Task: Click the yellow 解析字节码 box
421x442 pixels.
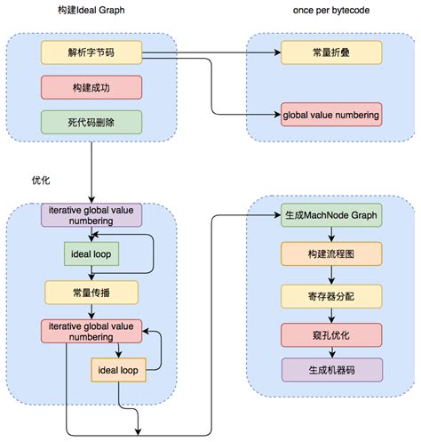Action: [x=91, y=52]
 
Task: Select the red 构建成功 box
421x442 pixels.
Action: [x=91, y=87]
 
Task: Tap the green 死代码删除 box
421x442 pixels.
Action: [x=91, y=122]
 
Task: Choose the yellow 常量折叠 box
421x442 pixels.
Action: [x=330, y=52]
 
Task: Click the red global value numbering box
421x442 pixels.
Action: [x=330, y=115]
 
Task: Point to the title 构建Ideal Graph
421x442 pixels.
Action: [x=90, y=9]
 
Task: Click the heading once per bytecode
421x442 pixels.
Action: [x=330, y=9]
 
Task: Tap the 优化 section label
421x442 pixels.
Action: [x=40, y=180]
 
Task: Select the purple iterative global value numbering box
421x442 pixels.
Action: [x=91, y=215]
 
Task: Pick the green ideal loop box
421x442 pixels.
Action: [x=91, y=255]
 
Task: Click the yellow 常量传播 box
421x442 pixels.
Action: [x=91, y=293]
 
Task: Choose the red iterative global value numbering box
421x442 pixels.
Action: [x=91, y=330]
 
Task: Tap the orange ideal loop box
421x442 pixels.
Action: [x=119, y=369]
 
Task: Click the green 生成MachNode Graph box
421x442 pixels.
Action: [x=331, y=215]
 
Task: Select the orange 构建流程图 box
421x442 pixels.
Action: [x=331, y=254]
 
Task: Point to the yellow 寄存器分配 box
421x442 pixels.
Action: [x=331, y=294]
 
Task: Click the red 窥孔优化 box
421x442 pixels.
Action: [x=331, y=334]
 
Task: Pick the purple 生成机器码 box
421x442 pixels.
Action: [x=331, y=371]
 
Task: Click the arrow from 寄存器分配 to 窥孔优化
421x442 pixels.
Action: [x=331, y=314]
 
